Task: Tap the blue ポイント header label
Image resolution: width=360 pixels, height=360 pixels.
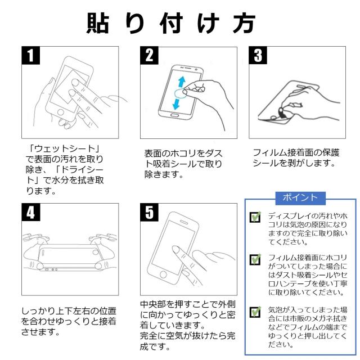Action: click(299, 197)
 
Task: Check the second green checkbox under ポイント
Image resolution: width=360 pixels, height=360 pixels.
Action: click(256, 259)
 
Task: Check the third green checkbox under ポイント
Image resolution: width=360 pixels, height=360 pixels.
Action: click(256, 311)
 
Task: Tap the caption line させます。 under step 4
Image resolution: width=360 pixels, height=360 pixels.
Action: click(40, 332)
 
